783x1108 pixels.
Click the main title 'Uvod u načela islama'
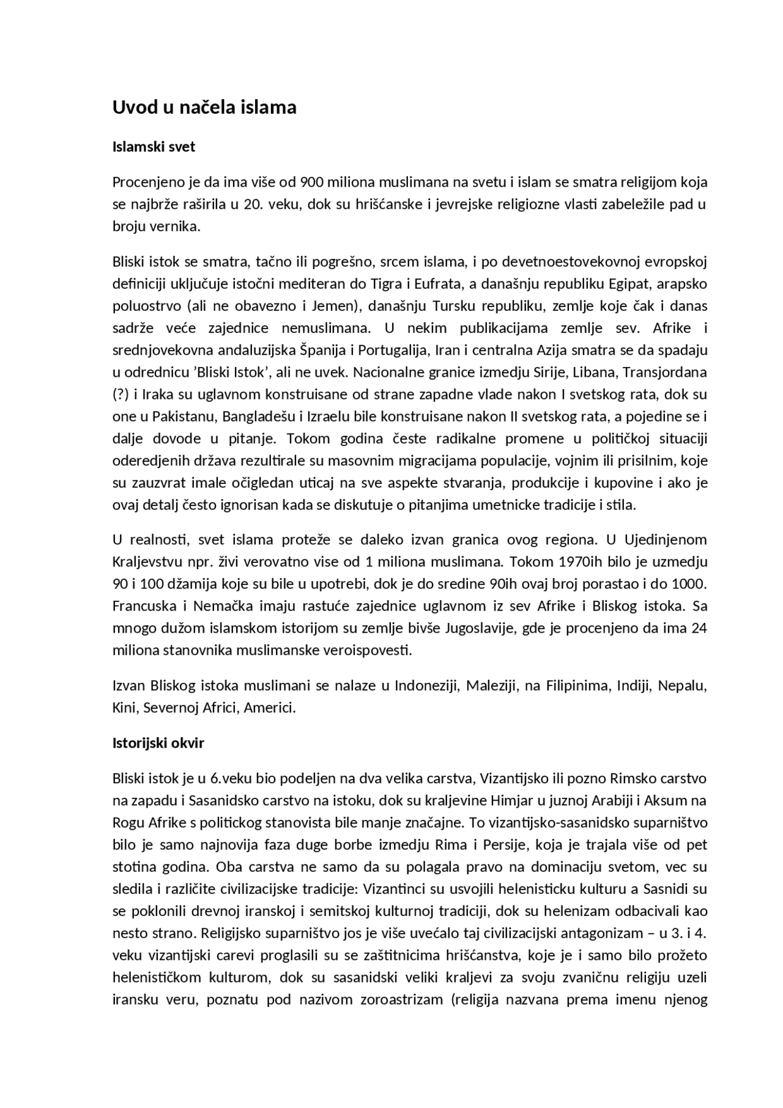pyautogui.click(x=204, y=108)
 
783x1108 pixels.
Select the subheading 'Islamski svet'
pyautogui.click(x=154, y=147)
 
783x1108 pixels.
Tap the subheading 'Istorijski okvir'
pyautogui.click(x=158, y=743)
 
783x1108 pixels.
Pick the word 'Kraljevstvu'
pyautogui.click(x=144, y=562)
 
